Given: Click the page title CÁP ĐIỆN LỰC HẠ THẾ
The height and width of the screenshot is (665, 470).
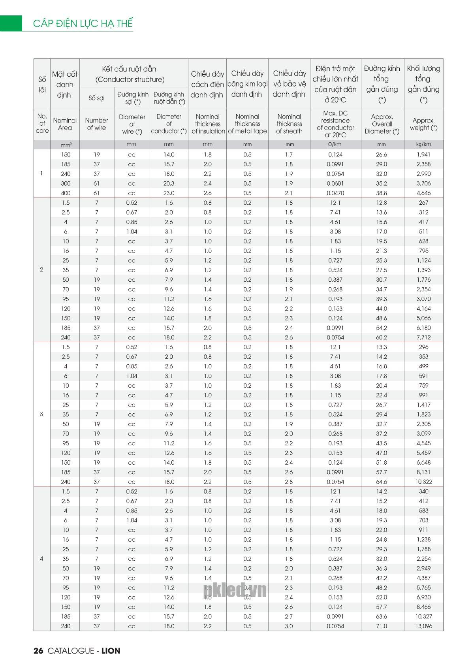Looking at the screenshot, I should pyautogui.click(x=83, y=23).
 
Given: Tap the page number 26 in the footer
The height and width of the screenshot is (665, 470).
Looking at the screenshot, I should pyautogui.click(x=38, y=651).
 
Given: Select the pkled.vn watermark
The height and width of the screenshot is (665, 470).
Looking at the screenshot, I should pyautogui.click(x=235, y=591).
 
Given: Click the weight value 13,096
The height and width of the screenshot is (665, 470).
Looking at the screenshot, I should pyautogui.click(x=423, y=626).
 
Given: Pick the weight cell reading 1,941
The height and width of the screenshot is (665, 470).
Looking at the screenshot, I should pyautogui.click(x=423, y=154).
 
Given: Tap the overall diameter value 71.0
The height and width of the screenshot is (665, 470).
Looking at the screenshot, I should pyautogui.click(x=382, y=626).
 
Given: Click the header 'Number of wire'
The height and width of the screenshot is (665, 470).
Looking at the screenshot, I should pyautogui.click(x=97, y=124).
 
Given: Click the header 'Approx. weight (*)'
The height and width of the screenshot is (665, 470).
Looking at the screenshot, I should pyautogui.click(x=423, y=124).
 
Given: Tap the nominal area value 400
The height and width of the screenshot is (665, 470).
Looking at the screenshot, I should pyautogui.click(x=66, y=193).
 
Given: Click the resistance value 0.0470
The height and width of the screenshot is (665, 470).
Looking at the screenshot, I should pyautogui.click(x=335, y=193).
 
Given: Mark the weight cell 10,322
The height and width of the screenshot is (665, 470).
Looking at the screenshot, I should pyautogui.click(x=423, y=482).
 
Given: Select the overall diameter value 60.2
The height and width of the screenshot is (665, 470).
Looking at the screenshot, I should pyautogui.click(x=382, y=337).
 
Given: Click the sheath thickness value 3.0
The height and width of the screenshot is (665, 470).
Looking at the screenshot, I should pyautogui.click(x=289, y=626).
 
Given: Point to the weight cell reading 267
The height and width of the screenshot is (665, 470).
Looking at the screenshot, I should pyautogui.click(x=423, y=203).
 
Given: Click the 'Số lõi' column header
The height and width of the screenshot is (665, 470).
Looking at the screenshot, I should pyautogui.click(x=42, y=84).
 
